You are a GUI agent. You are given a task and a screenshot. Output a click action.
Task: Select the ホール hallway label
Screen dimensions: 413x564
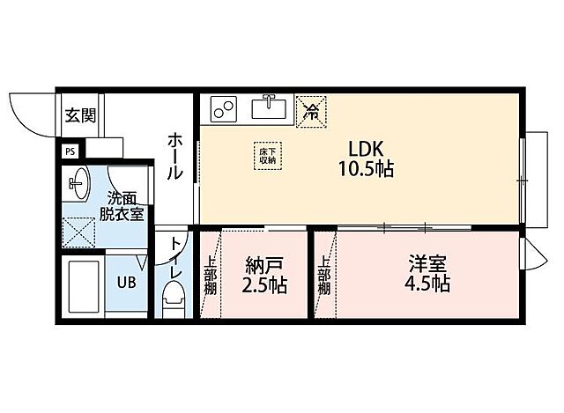point(175,157)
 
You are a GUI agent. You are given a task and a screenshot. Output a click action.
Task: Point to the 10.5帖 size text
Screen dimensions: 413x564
point(365,169)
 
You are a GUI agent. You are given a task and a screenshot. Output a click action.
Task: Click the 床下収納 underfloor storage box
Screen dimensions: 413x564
point(268,156)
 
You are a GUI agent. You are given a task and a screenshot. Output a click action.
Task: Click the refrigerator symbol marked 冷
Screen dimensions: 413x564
point(310,111)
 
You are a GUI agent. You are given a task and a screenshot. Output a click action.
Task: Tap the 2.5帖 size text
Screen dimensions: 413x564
point(264,286)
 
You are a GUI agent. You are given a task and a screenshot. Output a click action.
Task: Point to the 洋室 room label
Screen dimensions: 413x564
point(427,262)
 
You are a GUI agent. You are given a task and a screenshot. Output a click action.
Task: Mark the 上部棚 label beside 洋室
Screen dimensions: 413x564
point(324,275)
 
